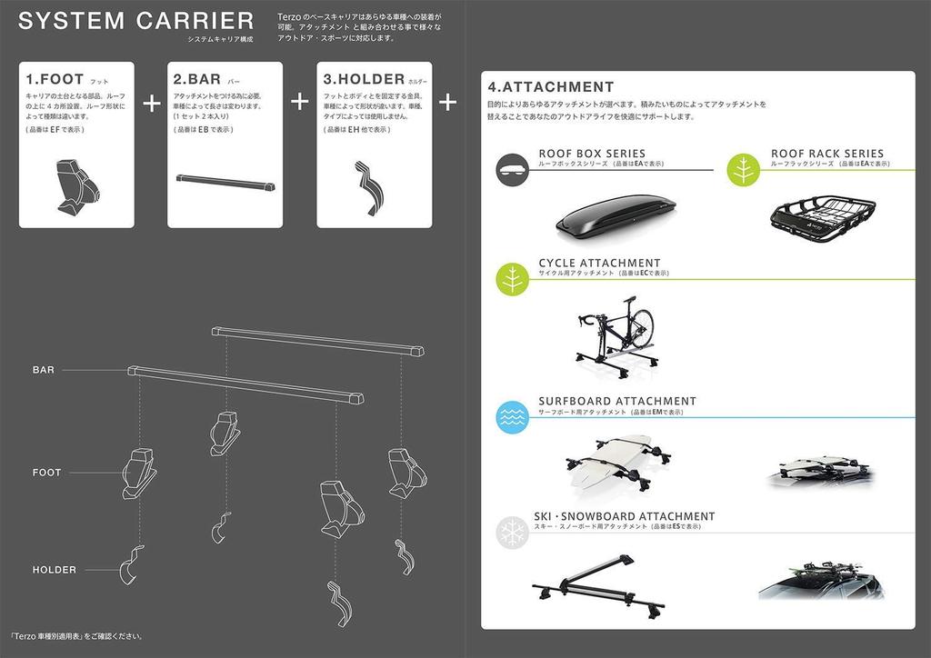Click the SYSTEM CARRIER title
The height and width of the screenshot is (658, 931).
tap(135, 21)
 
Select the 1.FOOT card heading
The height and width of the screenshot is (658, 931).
tap(55, 79)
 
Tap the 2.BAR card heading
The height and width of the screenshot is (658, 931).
tap(197, 79)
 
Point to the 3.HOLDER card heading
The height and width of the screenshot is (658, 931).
tap(364, 79)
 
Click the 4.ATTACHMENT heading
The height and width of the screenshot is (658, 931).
tap(551, 87)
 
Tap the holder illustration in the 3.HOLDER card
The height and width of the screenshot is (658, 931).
tap(368, 187)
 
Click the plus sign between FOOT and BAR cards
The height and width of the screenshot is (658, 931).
tap(152, 101)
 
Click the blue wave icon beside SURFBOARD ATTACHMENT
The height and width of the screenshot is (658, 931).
tap(513, 416)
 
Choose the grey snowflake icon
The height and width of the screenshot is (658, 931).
tap(512, 533)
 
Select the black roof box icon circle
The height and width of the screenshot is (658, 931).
tap(513, 168)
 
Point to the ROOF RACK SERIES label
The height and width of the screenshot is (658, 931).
tap(826, 154)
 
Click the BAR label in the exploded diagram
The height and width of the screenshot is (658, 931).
tap(44, 370)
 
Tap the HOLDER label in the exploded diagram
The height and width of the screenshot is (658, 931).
tap(55, 570)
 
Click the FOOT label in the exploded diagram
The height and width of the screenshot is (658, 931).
tap(46, 473)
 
